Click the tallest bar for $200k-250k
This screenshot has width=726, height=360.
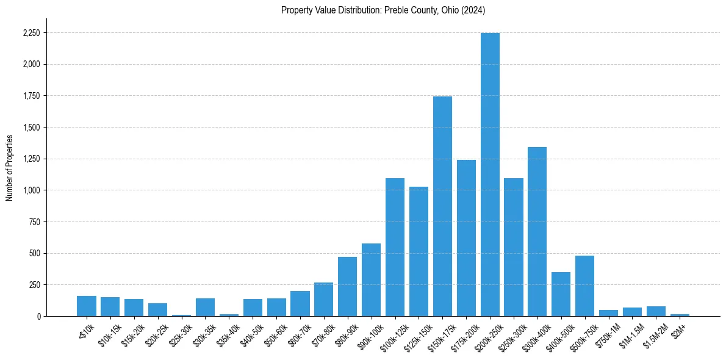click(490, 175)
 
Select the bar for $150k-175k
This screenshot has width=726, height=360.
click(442, 206)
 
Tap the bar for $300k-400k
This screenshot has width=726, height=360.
click(537, 232)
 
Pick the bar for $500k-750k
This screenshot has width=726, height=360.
click(584, 286)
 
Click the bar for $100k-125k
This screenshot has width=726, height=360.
click(395, 247)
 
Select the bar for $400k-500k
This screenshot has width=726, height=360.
click(561, 294)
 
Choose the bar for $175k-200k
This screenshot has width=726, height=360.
click(466, 238)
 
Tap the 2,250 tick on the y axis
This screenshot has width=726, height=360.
click(31, 33)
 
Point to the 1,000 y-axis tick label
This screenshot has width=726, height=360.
click(31, 190)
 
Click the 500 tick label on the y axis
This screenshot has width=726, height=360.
click(35, 253)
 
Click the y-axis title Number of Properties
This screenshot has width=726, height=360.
click(9, 168)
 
